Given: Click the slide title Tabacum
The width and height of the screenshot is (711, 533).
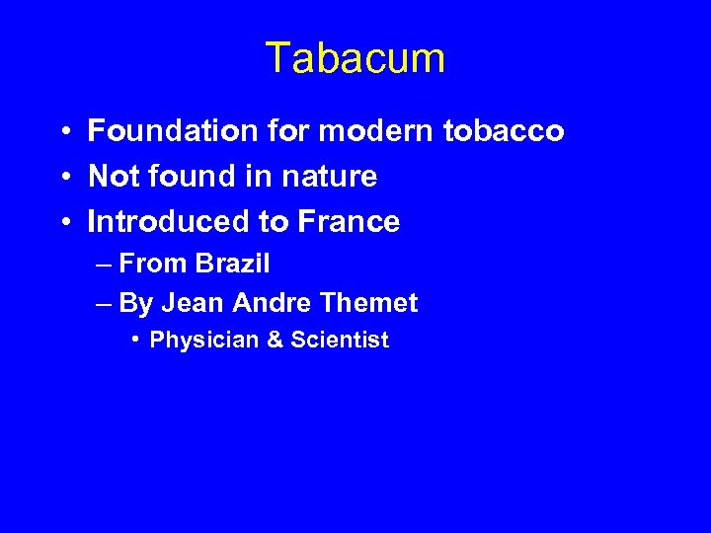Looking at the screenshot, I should click(x=355, y=59).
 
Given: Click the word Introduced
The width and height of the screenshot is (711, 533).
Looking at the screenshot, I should click(x=169, y=222).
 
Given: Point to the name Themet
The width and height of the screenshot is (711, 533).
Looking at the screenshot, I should click(x=370, y=302).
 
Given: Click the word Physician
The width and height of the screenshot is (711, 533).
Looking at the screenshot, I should click(x=203, y=341).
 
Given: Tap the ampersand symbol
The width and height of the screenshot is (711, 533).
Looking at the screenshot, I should click(x=275, y=341).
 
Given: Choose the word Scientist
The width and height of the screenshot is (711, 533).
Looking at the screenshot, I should click(x=341, y=341).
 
